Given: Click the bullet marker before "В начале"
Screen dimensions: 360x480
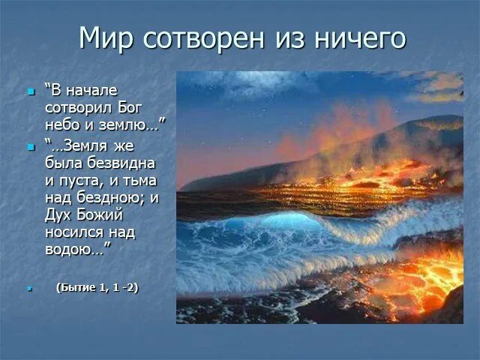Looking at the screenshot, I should coord(31,91).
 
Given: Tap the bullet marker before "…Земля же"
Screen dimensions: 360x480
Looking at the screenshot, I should coord(31,147).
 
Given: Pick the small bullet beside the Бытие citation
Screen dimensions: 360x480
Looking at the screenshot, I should coord(30,289).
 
